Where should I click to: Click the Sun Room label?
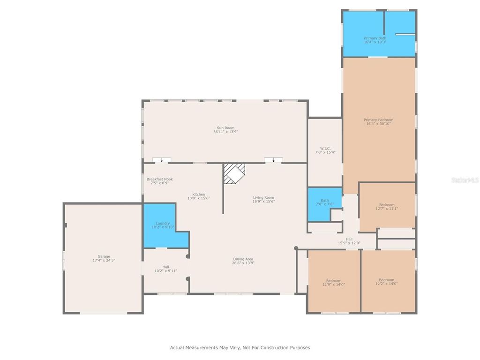click(x=225, y=127)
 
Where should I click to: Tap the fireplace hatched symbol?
click(x=234, y=173)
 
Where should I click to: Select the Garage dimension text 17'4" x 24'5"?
click(x=104, y=260)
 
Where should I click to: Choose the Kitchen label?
click(x=198, y=194)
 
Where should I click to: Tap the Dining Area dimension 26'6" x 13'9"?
click(x=243, y=263)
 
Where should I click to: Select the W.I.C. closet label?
click(x=325, y=149)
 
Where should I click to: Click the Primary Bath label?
click(x=375, y=38)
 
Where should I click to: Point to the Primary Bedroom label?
click(x=378, y=120)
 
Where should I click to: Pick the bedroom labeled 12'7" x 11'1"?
click(x=387, y=207)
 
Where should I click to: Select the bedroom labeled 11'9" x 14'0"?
click(x=334, y=282)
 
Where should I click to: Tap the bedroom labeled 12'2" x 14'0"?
click(x=387, y=282)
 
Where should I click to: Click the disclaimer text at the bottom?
click(x=240, y=348)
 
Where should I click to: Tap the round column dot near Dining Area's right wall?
click(x=296, y=248)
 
